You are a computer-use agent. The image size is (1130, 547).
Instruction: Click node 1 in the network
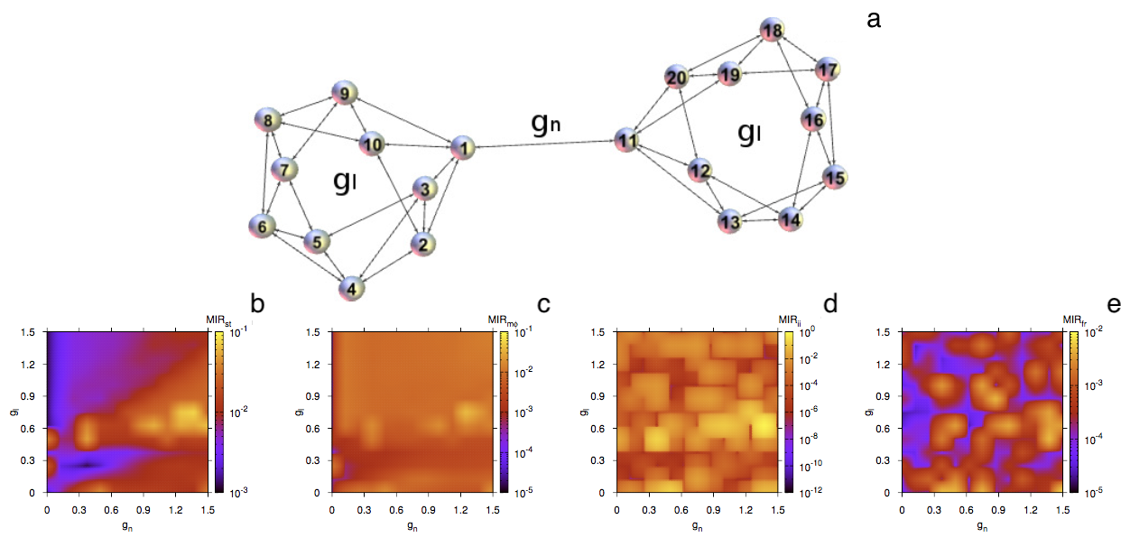tap(461, 147)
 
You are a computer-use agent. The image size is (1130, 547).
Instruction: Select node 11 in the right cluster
tap(627, 140)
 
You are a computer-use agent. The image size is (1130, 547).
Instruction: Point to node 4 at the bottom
tap(353, 289)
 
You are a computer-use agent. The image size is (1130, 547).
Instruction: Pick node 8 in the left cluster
tap(268, 119)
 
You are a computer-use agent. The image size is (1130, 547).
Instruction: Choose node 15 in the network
tap(835, 178)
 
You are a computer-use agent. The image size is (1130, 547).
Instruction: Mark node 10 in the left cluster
tap(371, 143)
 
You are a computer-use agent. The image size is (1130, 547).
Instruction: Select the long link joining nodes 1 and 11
tap(544, 144)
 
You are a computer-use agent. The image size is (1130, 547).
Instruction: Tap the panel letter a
tap(873, 19)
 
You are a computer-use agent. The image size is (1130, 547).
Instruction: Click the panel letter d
tap(829, 304)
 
